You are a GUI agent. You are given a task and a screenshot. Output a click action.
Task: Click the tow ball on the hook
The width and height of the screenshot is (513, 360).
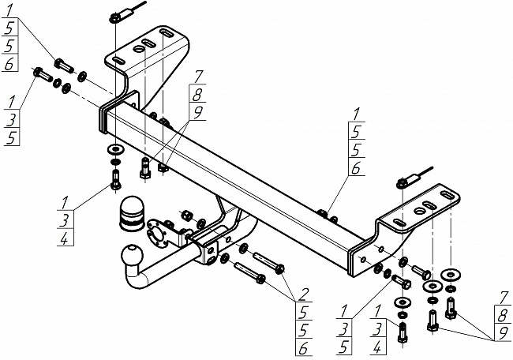(x=131, y=256)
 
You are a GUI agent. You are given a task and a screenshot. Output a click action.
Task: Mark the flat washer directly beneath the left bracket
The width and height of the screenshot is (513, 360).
(x=115, y=149)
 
